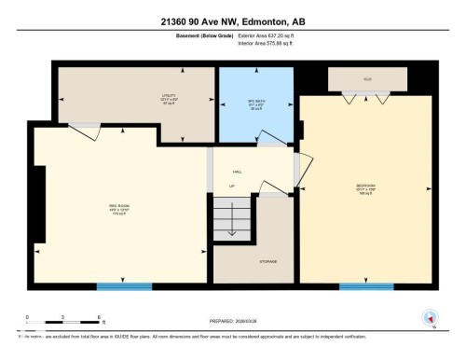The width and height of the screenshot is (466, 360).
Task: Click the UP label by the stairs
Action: pyautogui.click(x=232, y=187)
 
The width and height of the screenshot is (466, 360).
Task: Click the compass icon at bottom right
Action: pyautogui.click(x=430, y=317)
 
